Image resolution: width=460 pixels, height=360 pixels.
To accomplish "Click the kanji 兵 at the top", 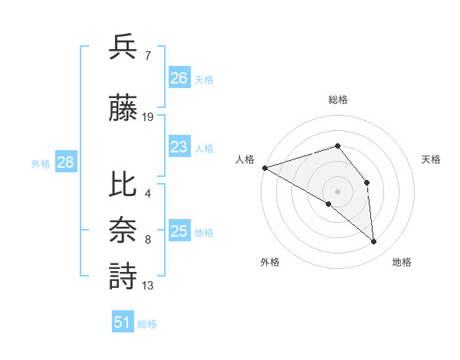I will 123,47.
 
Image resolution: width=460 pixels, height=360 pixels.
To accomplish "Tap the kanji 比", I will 123,185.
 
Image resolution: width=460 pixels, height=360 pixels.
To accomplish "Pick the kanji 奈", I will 123,231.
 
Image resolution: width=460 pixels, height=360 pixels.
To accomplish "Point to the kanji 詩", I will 123,276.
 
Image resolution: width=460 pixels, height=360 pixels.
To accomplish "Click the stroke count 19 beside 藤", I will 148,117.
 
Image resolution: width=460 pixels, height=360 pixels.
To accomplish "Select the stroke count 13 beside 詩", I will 148,286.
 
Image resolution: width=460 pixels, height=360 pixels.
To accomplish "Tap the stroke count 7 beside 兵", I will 147,55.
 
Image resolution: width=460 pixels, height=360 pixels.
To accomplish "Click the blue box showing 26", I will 179,77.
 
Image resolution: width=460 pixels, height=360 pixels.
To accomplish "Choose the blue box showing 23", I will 179,147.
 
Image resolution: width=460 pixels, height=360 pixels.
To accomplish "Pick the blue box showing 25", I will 179,231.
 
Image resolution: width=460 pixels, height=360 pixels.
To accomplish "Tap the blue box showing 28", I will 64,162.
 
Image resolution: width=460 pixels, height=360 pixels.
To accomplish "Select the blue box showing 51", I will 123,322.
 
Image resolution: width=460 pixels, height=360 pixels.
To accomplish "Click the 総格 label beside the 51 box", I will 147,324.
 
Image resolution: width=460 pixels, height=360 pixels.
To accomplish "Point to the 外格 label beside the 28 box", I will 41,163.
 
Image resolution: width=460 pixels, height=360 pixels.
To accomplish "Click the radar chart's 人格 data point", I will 264,168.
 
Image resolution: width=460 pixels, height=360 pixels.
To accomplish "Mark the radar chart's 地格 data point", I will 374,242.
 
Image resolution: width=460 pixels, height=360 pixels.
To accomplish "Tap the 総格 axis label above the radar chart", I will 337,100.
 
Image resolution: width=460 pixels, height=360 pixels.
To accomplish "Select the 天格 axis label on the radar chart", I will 432,159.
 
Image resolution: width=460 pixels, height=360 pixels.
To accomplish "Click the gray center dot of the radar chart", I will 337,190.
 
